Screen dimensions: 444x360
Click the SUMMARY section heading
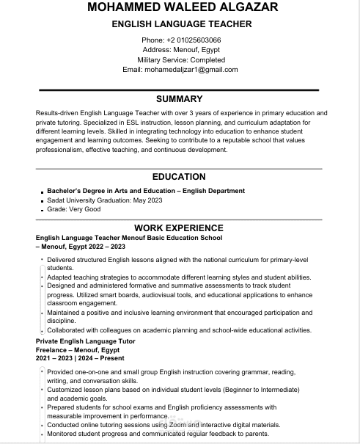180,98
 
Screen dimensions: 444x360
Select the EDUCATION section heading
180,177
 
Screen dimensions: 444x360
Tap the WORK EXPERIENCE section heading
179,228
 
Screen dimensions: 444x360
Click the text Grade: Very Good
74,209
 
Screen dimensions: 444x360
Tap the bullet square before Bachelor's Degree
43,192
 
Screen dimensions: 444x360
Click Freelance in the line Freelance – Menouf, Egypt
52,351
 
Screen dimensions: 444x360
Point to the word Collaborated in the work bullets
69,330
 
